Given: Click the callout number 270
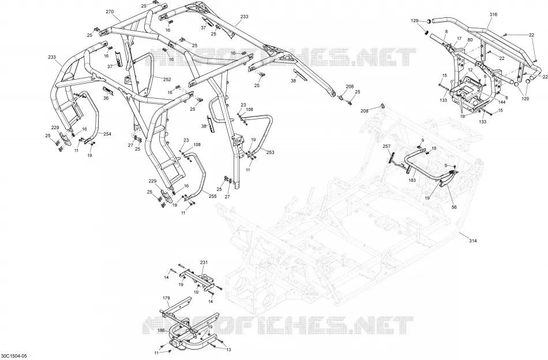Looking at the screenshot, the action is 110,12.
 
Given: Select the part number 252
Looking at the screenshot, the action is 167,80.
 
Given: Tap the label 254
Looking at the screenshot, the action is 107,134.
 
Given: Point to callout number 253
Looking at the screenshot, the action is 270,152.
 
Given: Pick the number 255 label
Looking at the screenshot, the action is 212,196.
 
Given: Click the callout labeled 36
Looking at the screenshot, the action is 106,98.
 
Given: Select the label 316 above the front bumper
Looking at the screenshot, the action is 493,14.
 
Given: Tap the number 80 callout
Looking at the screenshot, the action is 470,40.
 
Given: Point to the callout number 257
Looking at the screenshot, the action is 386,146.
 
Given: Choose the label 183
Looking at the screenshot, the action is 412,180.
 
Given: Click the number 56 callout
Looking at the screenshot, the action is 454,207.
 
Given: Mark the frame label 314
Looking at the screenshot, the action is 473,241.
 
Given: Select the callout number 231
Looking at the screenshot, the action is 204,262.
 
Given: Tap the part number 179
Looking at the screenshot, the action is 166,298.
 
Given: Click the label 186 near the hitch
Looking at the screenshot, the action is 161,331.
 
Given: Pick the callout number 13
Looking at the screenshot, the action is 228,350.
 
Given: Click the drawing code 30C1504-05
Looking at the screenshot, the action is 13,356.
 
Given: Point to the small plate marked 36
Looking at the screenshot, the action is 108,91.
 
